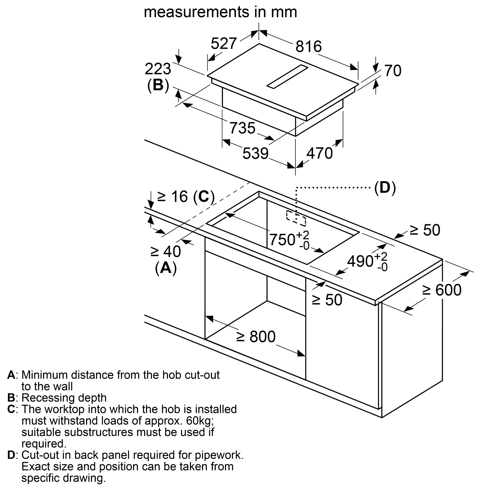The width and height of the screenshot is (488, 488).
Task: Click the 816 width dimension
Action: (x=308, y=47)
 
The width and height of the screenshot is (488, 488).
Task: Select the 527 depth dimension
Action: (x=224, y=43)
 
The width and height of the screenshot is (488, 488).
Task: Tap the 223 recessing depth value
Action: (x=158, y=69)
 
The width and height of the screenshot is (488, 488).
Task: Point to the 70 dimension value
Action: (x=393, y=71)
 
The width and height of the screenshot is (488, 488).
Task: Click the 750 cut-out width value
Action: (x=282, y=239)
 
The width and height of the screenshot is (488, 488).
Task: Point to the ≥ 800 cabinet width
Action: (x=256, y=336)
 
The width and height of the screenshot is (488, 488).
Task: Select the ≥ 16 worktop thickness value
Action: (x=173, y=196)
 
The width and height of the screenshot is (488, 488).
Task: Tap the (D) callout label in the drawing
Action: (x=385, y=188)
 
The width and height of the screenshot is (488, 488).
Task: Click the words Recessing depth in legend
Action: (x=64, y=398)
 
